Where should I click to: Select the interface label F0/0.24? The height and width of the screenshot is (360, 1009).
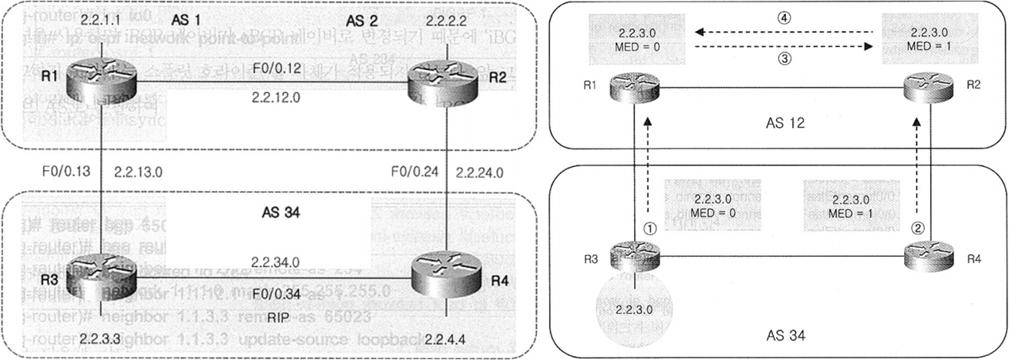pyautogui.click(x=412, y=170)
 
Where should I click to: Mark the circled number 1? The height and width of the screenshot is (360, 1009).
pyautogui.click(x=650, y=226)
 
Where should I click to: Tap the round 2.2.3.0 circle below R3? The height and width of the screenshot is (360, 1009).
pyautogui.click(x=636, y=309)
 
